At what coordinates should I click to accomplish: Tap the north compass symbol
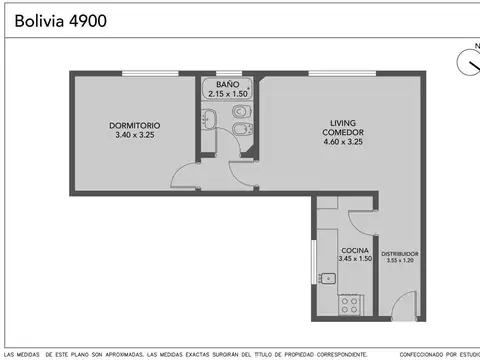click(467, 63)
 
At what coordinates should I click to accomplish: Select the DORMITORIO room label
click(134, 125)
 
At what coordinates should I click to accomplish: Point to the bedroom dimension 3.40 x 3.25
click(134, 135)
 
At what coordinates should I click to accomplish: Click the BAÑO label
click(228, 85)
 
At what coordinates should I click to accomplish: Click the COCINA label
click(355, 250)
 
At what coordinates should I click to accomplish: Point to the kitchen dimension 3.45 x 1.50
click(355, 259)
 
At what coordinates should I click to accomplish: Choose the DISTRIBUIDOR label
click(399, 254)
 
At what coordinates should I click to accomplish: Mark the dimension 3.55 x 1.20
click(399, 261)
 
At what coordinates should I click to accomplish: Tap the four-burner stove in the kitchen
click(351, 301)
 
